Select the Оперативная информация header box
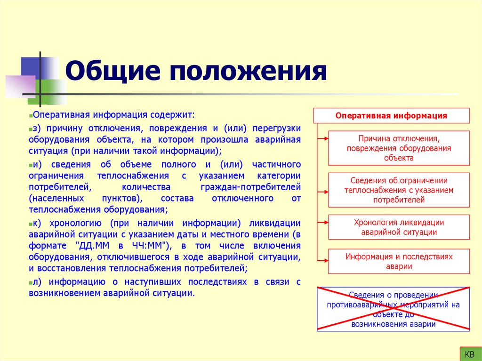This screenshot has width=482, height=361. (391, 116)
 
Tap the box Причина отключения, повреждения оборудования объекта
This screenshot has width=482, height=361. (399, 148)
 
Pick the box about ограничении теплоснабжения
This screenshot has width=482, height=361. (399, 190)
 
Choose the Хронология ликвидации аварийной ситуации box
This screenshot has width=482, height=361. (399, 227)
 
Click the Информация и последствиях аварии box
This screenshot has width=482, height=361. (399, 261)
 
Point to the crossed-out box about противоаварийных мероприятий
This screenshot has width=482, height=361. (393, 309)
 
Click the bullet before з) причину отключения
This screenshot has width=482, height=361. (30, 128)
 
